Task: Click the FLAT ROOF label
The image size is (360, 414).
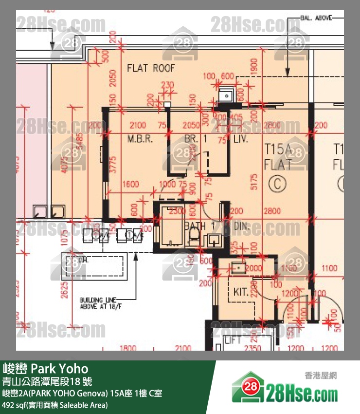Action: pyautogui.click(x=150, y=68)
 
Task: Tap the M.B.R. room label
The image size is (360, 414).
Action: pyautogui.click(x=140, y=139)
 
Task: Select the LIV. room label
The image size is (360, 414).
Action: pyautogui.click(x=241, y=139)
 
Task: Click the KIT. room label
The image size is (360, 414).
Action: pyautogui.click(x=241, y=292)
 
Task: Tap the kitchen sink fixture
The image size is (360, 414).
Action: pyautogui.click(x=238, y=267)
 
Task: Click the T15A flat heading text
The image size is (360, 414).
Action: pyautogui.click(x=278, y=149)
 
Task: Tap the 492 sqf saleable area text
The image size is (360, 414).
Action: pyautogui.click(x=55, y=404)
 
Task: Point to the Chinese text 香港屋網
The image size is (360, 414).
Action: pyautogui.click(x=320, y=376)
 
